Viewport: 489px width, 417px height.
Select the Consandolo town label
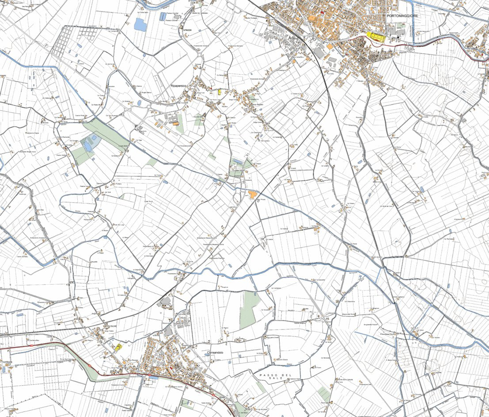pyautogui.click(x=215, y=352)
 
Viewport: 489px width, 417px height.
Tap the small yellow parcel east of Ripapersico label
pyautogui.click(x=219, y=92)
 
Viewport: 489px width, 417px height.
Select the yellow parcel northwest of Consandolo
pyautogui.click(x=118, y=347)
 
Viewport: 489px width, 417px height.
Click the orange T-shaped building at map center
pyautogui.click(x=253, y=194)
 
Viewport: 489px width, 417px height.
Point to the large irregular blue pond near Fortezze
pyautogui.click(x=140, y=24)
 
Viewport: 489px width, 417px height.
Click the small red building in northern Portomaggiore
pyautogui.click(x=322, y=13)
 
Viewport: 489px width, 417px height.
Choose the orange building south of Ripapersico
pyautogui.click(x=176, y=124)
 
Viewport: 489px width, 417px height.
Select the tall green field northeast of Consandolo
pyautogui.click(x=250, y=310)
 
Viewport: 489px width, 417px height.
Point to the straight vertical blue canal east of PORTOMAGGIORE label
pyautogui.click(x=413, y=22)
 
